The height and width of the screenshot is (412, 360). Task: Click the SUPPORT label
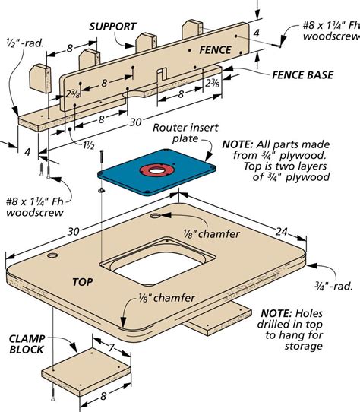[x=113, y=25]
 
